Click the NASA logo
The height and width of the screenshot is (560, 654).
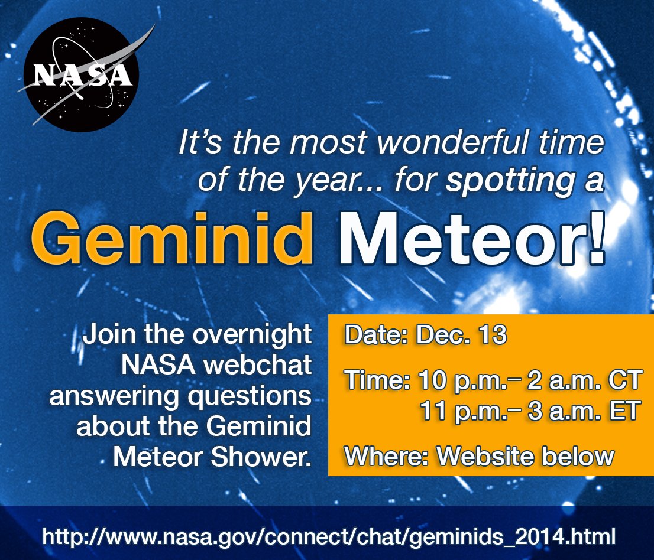[x=82, y=74]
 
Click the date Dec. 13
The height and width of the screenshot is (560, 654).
[x=461, y=334]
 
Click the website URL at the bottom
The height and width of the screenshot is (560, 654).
[x=329, y=536]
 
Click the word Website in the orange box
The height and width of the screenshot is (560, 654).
[x=485, y=456]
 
